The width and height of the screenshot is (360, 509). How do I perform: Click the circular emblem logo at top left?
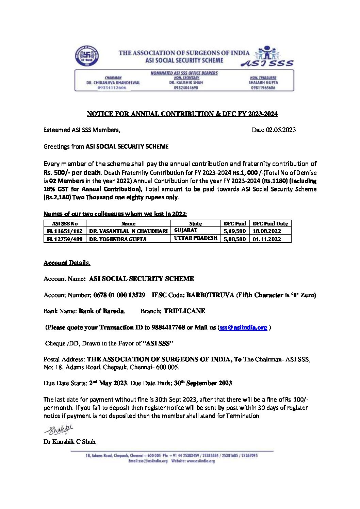87,56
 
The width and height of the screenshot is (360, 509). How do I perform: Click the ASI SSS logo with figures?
267,56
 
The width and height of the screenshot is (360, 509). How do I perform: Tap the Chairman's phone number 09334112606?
112,88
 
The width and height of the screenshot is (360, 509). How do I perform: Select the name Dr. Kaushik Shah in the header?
186,83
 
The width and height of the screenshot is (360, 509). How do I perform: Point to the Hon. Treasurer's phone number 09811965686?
263,88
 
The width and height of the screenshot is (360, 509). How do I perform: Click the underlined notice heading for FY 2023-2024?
182,114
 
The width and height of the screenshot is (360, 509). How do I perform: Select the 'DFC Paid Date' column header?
270,224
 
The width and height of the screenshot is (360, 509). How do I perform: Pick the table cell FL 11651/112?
65,231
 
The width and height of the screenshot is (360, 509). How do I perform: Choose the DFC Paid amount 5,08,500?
235,239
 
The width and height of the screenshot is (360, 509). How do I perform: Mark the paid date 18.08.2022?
267,231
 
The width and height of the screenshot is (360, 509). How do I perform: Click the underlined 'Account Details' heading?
67,263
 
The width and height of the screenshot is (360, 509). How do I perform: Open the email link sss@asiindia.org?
243,327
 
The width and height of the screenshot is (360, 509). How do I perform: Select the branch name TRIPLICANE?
184,311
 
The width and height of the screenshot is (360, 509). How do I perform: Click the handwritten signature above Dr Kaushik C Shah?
59,430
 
